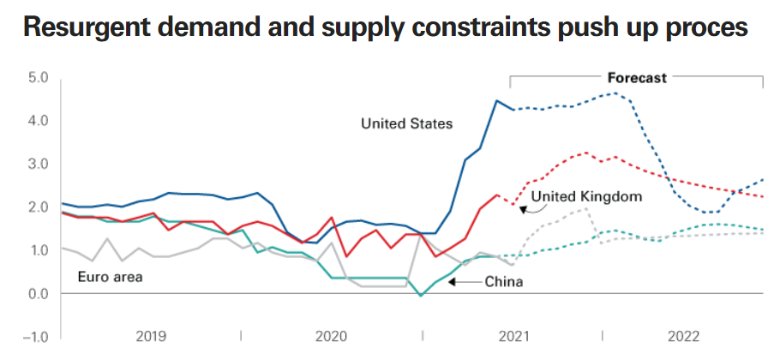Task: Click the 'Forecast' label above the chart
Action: coord(637,78)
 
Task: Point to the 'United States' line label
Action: coord(406,124)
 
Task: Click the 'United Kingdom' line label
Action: coord(586,197)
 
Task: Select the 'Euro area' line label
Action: coord(110,277)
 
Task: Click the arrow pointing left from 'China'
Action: coord(462,280)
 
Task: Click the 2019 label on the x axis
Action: coord(151,335)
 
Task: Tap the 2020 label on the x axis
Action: coord(332,335)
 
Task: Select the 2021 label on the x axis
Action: coord(513,335)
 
